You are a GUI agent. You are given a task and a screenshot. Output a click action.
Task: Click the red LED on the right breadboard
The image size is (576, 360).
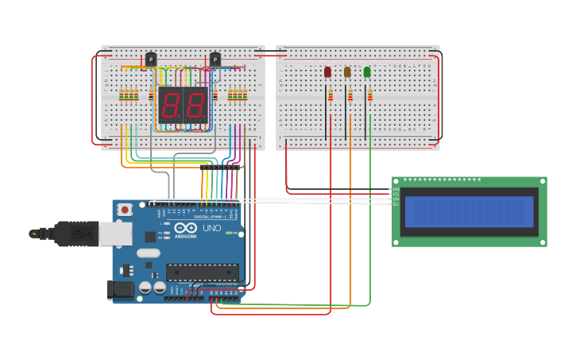pos(327,72)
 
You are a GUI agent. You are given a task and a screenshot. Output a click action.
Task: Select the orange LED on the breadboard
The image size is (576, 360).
pos(347,72)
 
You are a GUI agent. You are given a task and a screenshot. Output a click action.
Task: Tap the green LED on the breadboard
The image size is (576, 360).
pos(367,72)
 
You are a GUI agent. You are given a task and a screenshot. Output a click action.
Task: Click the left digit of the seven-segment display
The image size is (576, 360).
pos(171,104)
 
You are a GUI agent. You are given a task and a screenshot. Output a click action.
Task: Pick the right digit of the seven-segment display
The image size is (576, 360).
pos(195,104)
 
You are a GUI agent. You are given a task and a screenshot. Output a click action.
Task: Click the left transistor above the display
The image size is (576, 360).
pos(151,59)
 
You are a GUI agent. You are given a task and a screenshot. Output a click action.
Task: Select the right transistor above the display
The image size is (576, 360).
pos(215,59)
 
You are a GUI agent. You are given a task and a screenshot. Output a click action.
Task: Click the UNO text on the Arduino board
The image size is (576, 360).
pos(212,228)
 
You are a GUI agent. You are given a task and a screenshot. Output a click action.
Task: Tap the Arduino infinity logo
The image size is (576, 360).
pos(186,226)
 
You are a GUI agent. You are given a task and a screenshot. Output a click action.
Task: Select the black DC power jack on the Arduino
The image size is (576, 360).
pos(120,289)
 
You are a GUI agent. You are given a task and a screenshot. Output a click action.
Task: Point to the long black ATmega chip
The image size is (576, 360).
pos(203,272)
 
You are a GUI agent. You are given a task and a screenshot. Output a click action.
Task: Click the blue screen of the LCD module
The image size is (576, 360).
pos(469,211)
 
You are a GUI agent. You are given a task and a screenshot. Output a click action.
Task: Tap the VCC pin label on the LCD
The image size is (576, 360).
pos(396,194)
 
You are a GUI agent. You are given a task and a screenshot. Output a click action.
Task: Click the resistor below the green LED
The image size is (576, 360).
pos(369,96)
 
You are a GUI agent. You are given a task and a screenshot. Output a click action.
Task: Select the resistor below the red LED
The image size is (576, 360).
pos(331,96)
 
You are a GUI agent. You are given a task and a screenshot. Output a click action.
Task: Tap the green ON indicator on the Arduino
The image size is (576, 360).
pos(229,233)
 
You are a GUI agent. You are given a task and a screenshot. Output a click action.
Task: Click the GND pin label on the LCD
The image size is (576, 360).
pos(396,189)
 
